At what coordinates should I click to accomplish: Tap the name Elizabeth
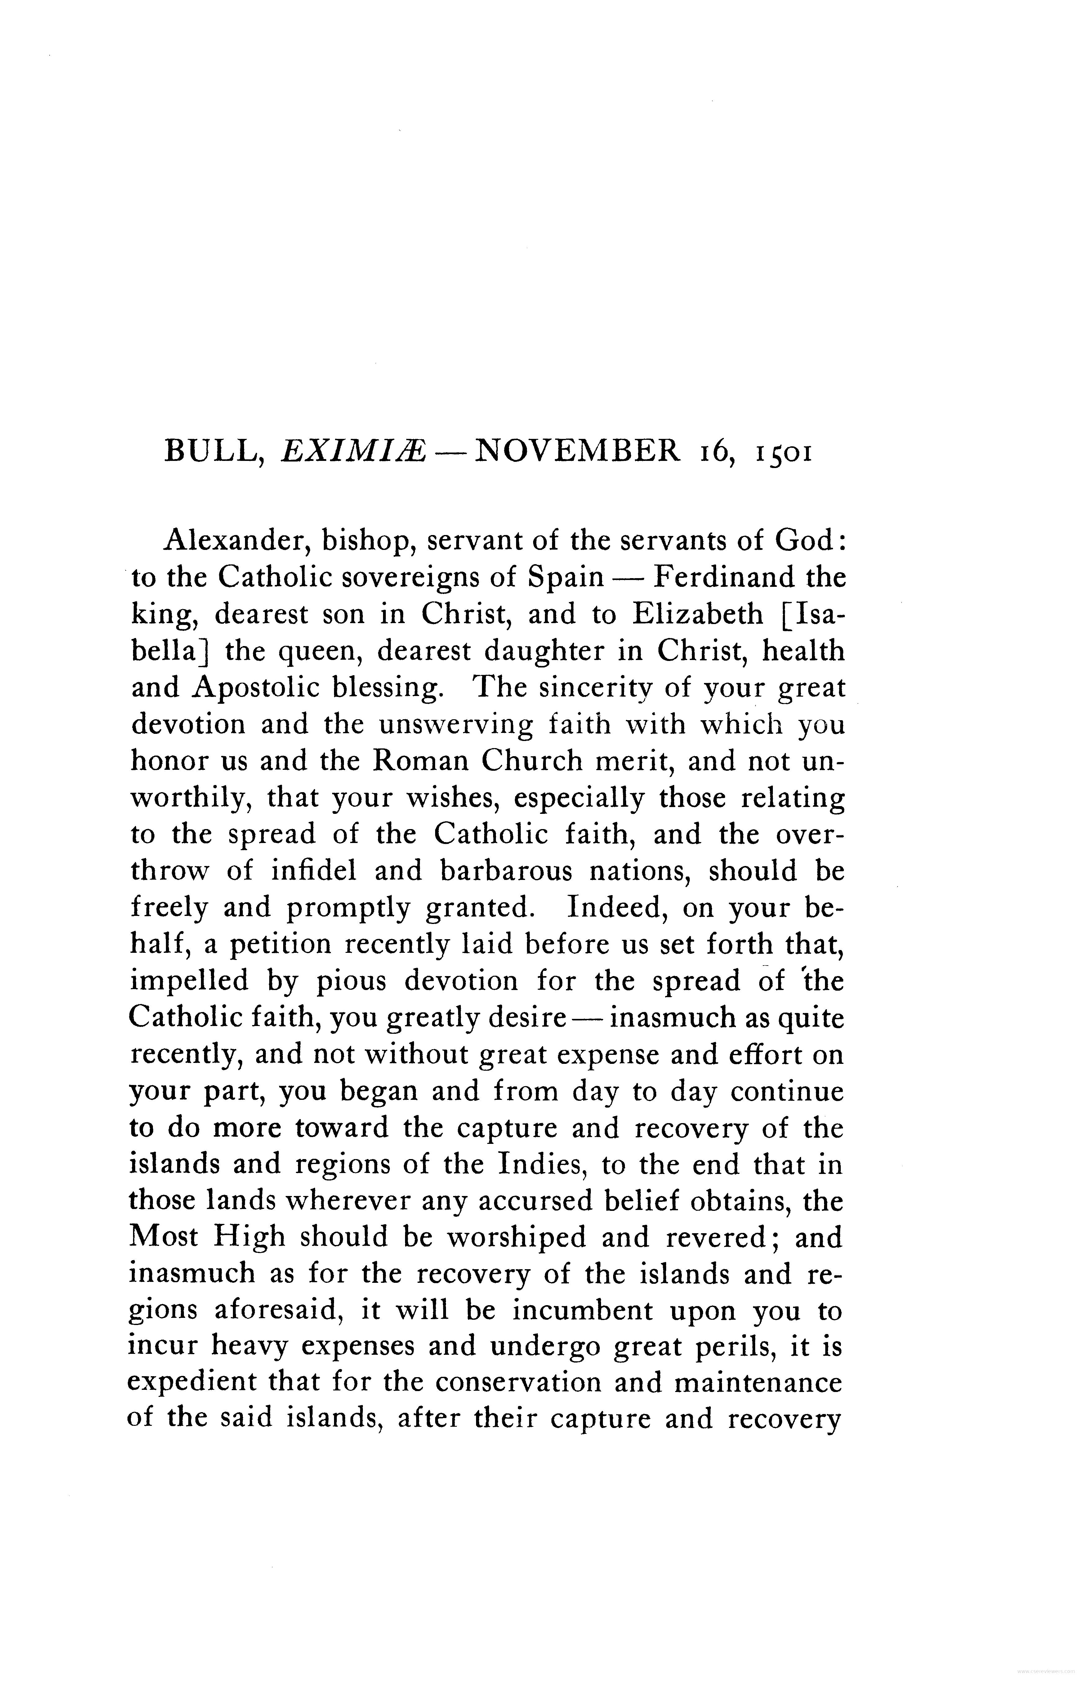tap(697, 614)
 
